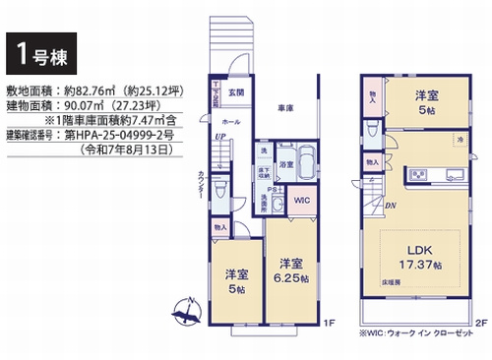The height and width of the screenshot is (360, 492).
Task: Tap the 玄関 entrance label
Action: (x=237, y=92)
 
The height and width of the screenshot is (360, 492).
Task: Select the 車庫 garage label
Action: (x=284, y=108)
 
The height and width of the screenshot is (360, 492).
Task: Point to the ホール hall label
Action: (x=230, y=121)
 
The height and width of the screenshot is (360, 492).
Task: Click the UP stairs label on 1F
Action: (x=217, y=139)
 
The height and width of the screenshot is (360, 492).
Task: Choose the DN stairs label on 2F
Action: (x=391, y=206)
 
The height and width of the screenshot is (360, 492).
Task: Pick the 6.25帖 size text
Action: (x=288, y=278)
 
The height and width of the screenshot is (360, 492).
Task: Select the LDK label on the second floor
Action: (x=423, y=252)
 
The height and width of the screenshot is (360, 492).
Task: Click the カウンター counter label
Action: (x=203, y=187)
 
